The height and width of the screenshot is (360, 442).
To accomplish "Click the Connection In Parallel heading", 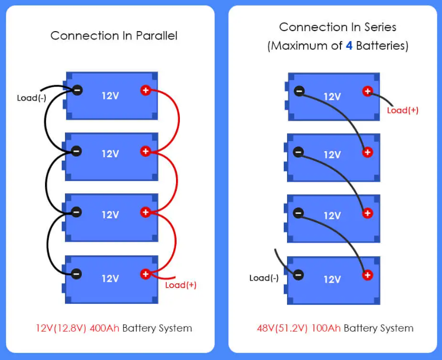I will pyautogui.click(x=114, y=36).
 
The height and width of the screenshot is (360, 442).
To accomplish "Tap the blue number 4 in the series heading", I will pyautogui.click(x=349, y=46).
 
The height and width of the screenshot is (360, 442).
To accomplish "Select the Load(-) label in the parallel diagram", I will pyautogui.click(x=31, y=98).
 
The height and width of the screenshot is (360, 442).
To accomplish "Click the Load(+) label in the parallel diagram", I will pyautogui.click(x=181, y=285).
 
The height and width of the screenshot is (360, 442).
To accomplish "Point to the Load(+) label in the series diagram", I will pyautogui.click(x=403, y=110).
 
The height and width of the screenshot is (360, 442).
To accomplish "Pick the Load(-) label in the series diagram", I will pyautogui.click(x=264, y=278).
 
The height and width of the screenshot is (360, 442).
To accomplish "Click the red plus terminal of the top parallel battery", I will pyautogui.click(x=145, y=90).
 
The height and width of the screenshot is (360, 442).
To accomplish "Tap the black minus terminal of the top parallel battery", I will pyautogui.click(x=77, y=90).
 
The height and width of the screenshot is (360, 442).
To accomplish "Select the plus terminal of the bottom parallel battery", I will pyautogui.click(x=145, y=273).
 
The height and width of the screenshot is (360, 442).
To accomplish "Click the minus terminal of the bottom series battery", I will pyautogui.click(x=299, y=274).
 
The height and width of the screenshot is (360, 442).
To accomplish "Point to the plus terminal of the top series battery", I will pyautogui.click(x=367, y=91).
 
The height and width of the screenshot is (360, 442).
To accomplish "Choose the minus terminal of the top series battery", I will pyautogui.click(x=299, y=91).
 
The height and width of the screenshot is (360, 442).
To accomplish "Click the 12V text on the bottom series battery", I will pyautogui.click(x=332, y=279).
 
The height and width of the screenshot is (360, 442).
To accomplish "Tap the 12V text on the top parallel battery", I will pyautogui.click(x=110, y=96).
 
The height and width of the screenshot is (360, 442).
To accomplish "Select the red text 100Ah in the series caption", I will pyautogui.click(x=328, y=328).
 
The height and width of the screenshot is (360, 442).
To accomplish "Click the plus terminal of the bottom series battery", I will pyautogui.click(x=367, y=274).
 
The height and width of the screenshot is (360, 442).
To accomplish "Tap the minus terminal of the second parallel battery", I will pyautogui.click(x=77, y=151).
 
